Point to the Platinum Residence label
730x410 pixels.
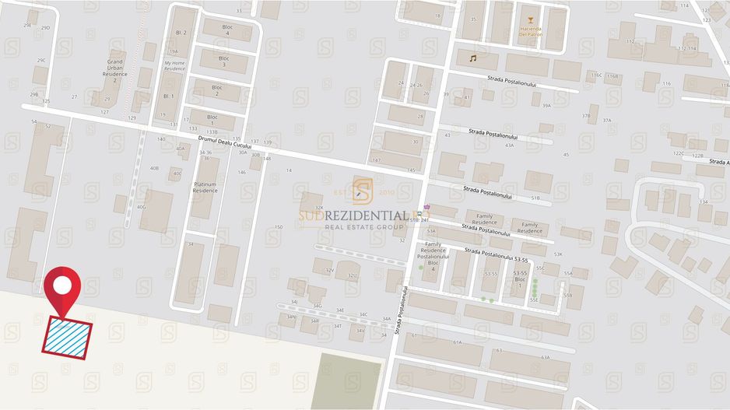205,187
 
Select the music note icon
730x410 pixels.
472,58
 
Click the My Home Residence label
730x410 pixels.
174,65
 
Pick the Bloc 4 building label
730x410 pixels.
223,29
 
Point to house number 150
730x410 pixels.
279,227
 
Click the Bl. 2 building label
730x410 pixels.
181,33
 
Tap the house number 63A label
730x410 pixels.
545,357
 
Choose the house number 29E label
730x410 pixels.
28,26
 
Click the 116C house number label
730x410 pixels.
596,75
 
